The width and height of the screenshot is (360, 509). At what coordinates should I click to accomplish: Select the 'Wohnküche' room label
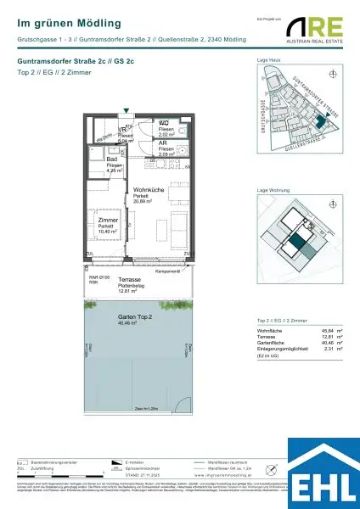tap(148, 191)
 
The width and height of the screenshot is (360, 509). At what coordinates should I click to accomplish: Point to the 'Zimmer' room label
tap(108, 219)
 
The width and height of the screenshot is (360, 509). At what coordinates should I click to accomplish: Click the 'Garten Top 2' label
tap(135, 316)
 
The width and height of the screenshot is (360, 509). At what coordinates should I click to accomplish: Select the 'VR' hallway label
tap(121, 129)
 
